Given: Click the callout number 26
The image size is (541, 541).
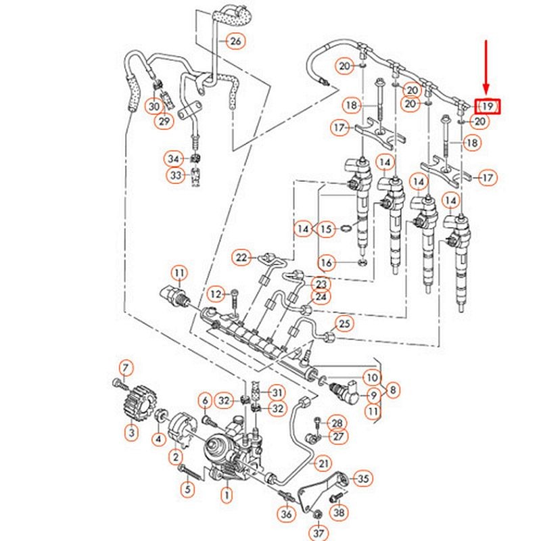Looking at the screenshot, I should [235, 42].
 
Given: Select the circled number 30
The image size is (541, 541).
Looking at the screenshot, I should [154, 106].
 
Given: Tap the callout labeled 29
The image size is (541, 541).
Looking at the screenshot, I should [164, 122].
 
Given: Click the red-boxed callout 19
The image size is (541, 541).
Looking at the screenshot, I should [487, 106].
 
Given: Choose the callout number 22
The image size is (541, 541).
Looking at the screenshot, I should [242, 257].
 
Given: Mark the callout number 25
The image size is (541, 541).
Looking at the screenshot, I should [345, 325].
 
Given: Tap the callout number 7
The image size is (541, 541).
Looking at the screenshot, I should [124, 368].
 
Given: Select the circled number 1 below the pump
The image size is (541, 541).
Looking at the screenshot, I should [227, 496].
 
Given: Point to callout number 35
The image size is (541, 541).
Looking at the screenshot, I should [363, 479].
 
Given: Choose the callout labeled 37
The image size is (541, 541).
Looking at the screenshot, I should [317, 530].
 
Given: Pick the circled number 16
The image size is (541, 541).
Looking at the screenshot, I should [327, 262].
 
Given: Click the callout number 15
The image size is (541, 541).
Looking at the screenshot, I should [327, 229].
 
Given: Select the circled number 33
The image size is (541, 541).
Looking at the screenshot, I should [176, 175].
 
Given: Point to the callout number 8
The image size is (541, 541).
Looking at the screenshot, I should [394, 389].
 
